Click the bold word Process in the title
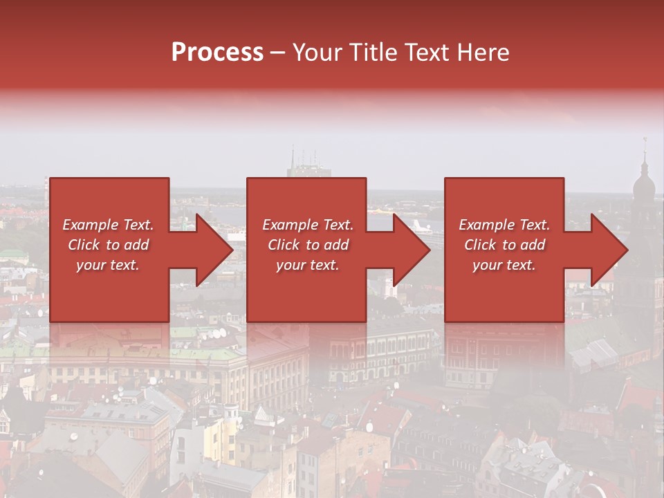pyautogui.click(x=217, y=53)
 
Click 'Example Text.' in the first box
pyautogui.click(x=108, y=225)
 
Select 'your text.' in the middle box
pyautogui.click(x=307, y=265)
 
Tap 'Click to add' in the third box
pyautogui.click(x=504, y=245)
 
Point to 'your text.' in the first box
pyautogui.click(x=108, y=265)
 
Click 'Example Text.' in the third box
pyautogui.click(x=504, y=225)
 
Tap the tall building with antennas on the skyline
pyautogui.click(x=309, y=169)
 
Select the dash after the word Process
pyautogui.click(x=278, y=53)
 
